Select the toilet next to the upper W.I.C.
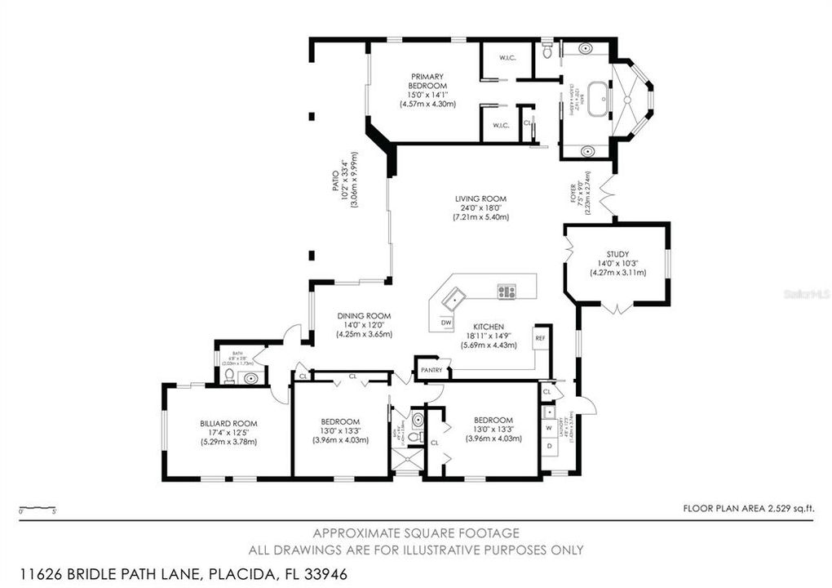(x=547, y=52)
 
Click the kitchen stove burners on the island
(x=507, y=290)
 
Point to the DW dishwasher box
(x=446, y=323)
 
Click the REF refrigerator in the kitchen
(x=540, y=337)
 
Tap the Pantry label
(x=431, y=370)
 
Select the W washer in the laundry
(x=549, y=427)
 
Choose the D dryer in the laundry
(x=549, y=445)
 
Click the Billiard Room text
(x=228, y=423)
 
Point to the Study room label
(x=617, y=253)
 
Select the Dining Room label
(x=365, y=316)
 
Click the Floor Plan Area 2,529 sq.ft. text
(x=748, y=508)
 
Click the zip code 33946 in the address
(x=325, y=574)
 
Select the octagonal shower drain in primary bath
(x=629, y=96)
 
